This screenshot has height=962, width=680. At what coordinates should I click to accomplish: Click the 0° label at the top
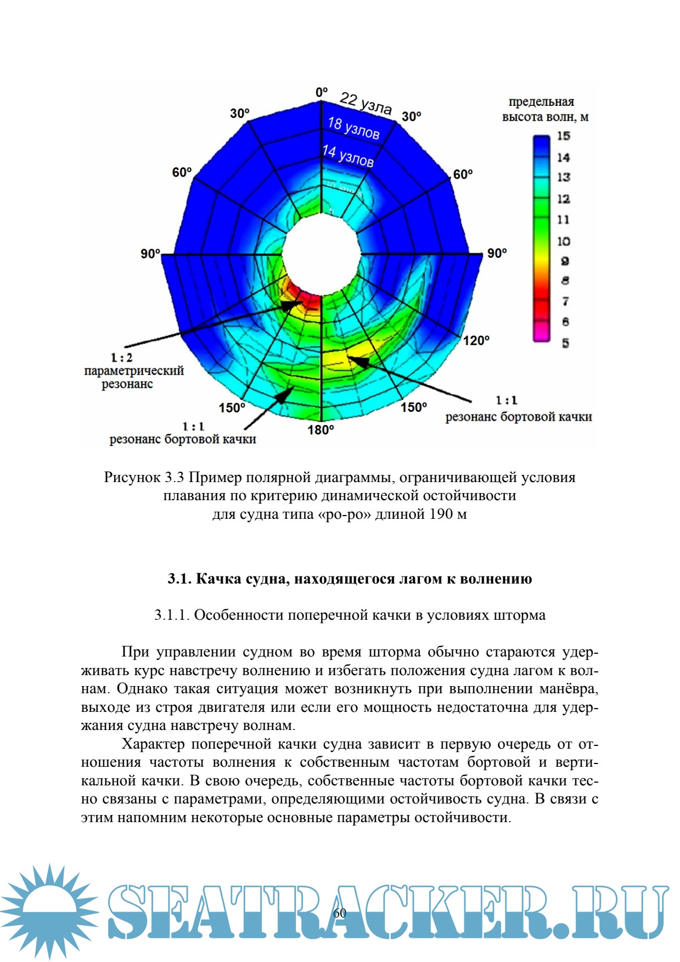tap(322, 92)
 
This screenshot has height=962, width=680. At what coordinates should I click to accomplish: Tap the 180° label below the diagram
tap(321, 430)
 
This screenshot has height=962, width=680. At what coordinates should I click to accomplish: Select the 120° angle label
tap(476, 341)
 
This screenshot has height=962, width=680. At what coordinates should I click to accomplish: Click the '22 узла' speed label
tap(366, 103)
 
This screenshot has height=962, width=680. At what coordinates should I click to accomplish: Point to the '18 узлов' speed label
tap(353, 127)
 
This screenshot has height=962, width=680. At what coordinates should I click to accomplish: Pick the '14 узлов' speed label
tap(348, 155)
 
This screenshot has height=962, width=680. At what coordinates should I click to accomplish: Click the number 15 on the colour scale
tap(564, 136)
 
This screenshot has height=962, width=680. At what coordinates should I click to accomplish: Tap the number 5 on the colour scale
tap(565, 343)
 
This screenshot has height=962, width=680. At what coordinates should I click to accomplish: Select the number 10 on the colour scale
tap(564, 241)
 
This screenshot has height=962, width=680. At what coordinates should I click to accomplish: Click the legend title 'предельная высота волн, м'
tap(544, 109)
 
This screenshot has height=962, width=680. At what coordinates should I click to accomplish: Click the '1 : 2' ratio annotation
tap(121, 358)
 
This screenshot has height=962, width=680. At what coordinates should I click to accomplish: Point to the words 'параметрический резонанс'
tap(133, 377)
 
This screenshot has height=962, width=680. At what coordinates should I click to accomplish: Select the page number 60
tap(340, 912)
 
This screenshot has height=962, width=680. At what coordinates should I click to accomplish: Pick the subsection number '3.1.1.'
tap(172, 615)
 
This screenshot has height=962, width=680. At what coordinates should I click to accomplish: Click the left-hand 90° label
tap(150, 254)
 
